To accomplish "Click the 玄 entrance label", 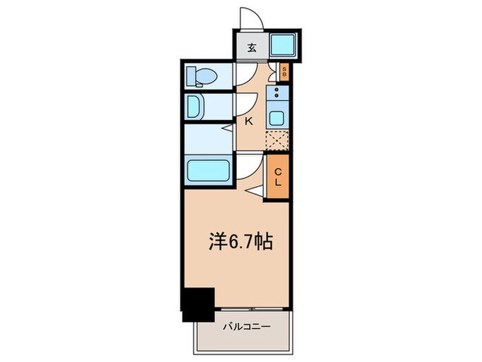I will [252, 48].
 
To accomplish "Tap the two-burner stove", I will [277, 94].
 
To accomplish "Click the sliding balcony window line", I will [252, 306].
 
